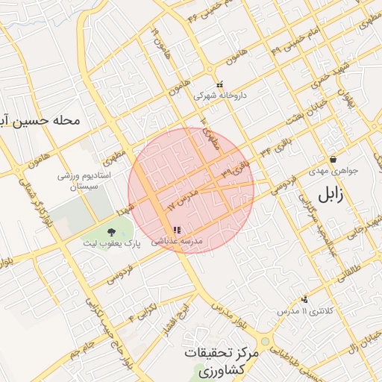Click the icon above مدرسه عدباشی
pos(176,231)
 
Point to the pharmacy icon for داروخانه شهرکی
pos(219,85)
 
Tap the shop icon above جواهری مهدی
pos(333,159)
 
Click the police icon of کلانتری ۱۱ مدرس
pos(304,299)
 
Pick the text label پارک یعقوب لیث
pos(109,244)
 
